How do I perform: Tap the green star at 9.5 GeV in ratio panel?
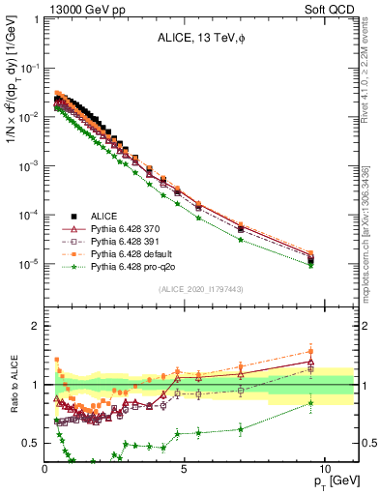310,403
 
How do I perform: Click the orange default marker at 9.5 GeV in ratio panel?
310,351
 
